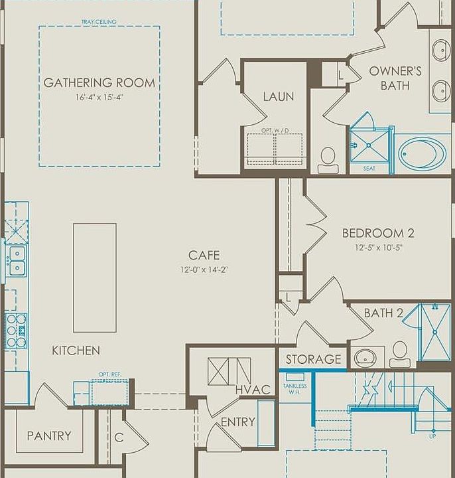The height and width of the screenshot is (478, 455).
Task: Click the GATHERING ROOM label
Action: coord(99,82)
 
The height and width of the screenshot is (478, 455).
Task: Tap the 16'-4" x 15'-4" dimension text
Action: coord(99,98)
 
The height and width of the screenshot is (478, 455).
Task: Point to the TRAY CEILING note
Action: coord(99,22)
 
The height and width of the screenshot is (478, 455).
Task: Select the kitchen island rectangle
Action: coord(95,278)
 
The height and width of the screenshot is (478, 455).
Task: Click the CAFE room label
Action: coord(204,255)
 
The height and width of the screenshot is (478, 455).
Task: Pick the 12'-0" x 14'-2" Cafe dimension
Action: coord(204,270)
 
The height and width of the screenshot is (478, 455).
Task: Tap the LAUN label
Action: coord(279,97)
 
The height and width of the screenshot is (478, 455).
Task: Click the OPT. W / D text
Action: coord(275,131)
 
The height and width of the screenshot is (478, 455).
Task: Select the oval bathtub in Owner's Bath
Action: coord(422,153)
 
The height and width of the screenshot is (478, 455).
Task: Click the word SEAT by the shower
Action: coord(369,168)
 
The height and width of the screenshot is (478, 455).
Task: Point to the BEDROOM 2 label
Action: coord(378,233)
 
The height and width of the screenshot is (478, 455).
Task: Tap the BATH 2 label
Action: coord(383,313)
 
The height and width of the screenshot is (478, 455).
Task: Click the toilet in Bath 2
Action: coord(400,354)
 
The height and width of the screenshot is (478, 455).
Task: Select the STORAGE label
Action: coord(313,359)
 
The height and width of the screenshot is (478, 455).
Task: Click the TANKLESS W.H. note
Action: coord(295,389)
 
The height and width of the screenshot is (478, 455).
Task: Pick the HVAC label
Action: coord(253,390)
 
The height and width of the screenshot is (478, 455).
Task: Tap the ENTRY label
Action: coord(238,422)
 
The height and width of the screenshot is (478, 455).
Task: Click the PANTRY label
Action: coord(49,436)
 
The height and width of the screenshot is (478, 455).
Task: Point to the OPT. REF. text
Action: coord(110,374)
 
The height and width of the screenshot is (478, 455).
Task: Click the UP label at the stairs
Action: coord(432,436)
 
